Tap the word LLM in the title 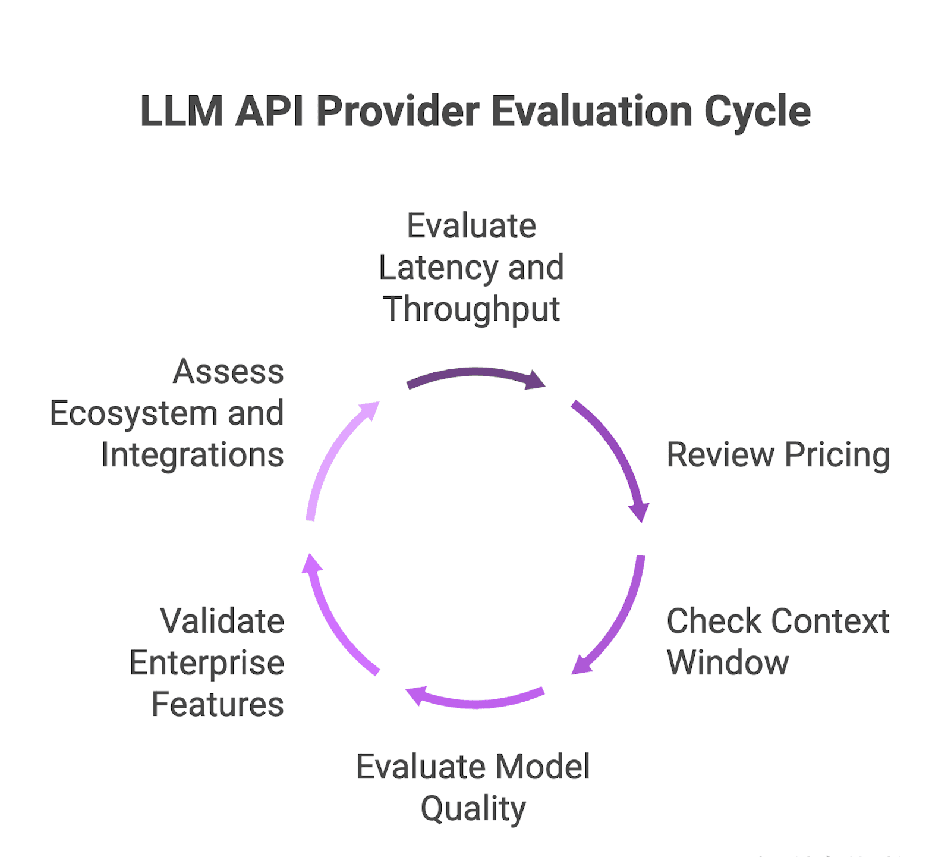[181, 112]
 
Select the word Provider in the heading [398, 112]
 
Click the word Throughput [471, 309]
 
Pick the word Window [728, 663]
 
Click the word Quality [473, 809]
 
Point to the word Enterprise [207, 664]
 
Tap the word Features [218, 705]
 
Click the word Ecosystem [134, 413]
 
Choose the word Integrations [193, 455]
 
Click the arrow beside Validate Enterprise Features [333, 619]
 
